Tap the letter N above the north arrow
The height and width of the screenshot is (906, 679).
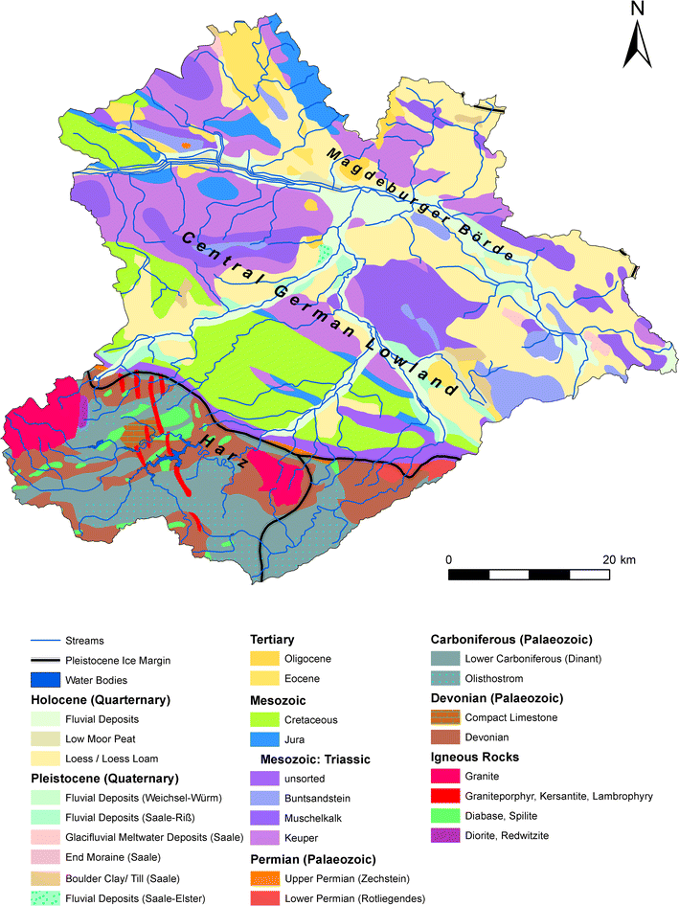tap(638, 10)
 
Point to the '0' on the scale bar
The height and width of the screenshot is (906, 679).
tap(449, 558)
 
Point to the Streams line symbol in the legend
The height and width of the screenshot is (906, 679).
tap(32, 641)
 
